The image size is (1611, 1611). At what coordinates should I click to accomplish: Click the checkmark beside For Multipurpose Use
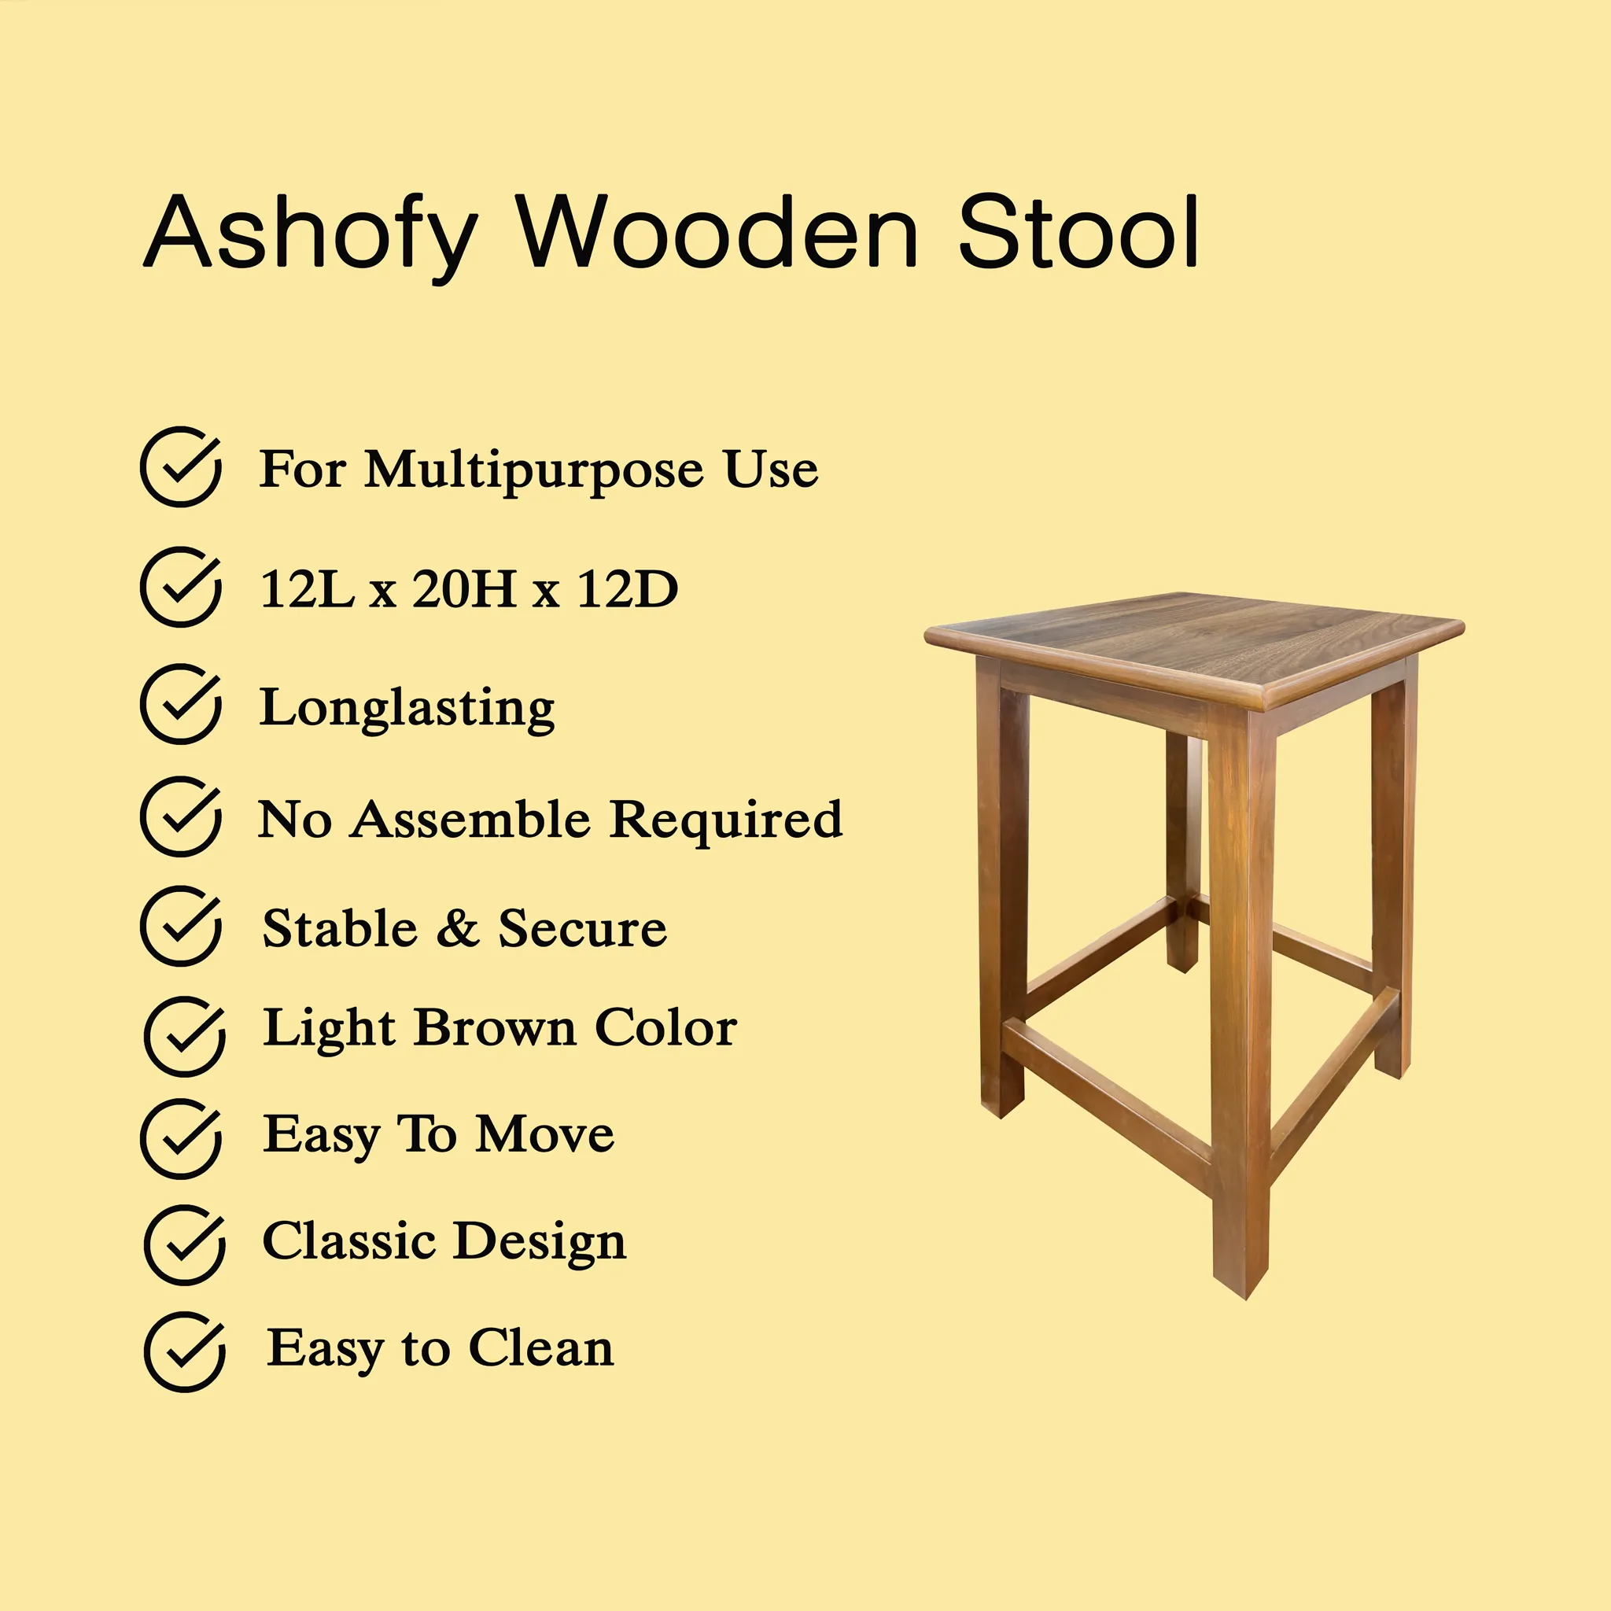pos(181,467)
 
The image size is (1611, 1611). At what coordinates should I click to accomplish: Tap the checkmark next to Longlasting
pos(181,704)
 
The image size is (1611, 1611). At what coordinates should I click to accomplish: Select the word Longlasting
pos(407,709)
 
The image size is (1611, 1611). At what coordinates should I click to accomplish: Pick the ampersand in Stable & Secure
pos(458,928)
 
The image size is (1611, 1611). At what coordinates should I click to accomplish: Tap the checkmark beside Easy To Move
pos(181,1139)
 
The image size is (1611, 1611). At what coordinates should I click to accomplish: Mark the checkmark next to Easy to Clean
pos(184,1352)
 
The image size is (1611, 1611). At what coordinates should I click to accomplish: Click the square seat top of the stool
pos(1194,647)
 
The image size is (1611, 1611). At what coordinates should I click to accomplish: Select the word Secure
pos(583,928)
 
